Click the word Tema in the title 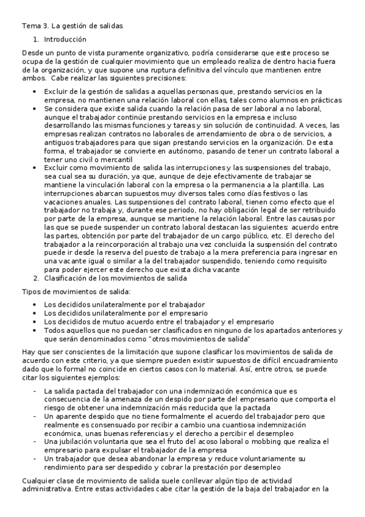tap(30, 26)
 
